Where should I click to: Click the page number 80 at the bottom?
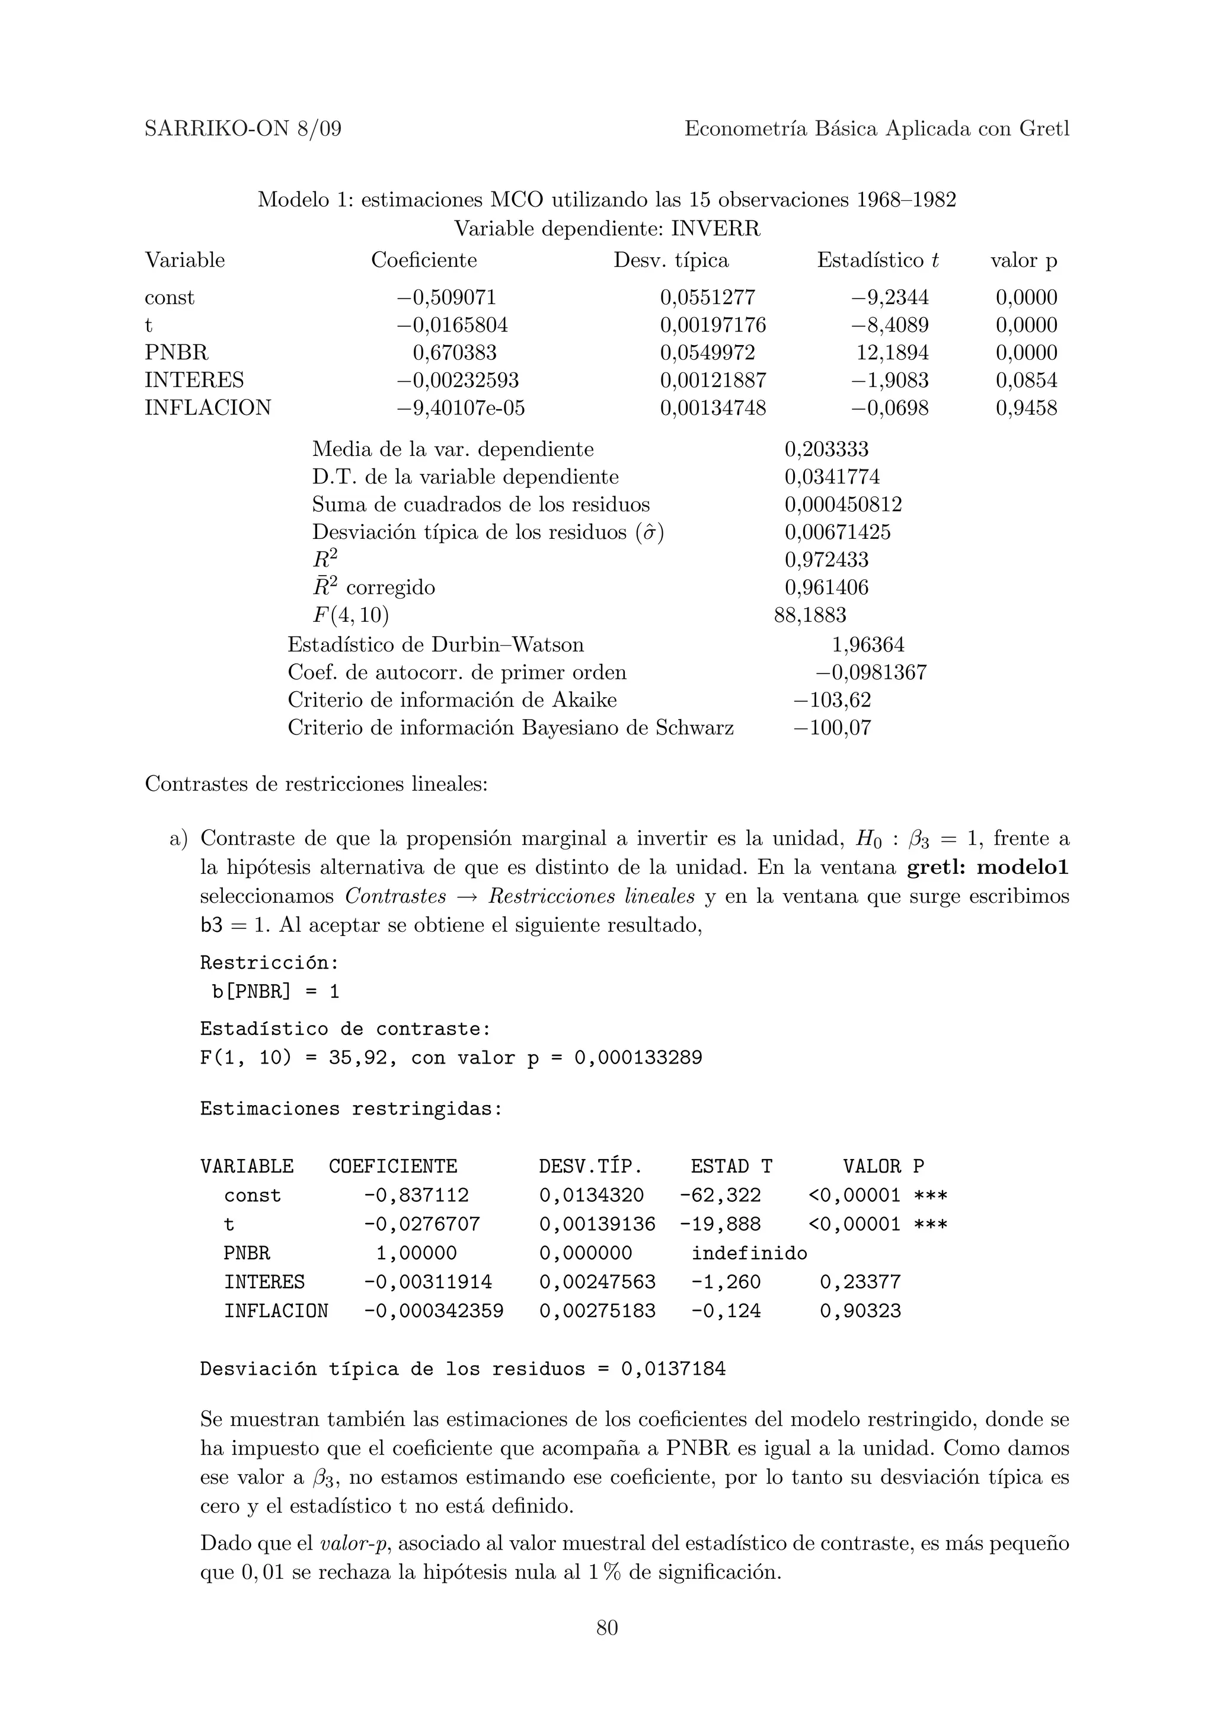pyautogui.click(x=606, y=1627)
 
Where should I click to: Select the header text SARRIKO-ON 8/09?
pyautogui.click(x=243, y=129)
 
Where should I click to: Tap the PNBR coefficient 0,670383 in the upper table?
pyautogui.click(x=454, y=352)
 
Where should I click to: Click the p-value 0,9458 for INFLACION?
pyautogui.click(x=1025, y=408)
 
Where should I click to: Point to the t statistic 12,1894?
pyautogui.click(x=892, y=352)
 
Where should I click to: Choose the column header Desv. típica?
pyautogui.click(x=671, y=260)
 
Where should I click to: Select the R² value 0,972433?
pyautogui.click(x=826, y=560)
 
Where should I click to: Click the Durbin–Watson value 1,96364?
pyautogui.click(x=868, y=644)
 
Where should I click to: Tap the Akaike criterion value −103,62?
pyautogui.click(x=832, y=700)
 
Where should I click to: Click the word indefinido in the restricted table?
pyautogui.click(x=749, y=1253)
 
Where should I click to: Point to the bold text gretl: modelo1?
pyautogui.click(x=988, y=867)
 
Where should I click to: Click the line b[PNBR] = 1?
pyautogui.click(x=275, y=991)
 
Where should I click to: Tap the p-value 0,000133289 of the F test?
pyautogui.click(x=638, y=1057)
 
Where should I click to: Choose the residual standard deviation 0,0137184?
pyautogui.click(x=673, y=1369)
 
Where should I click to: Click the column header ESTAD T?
pyautogui.click(x=731, y=1165)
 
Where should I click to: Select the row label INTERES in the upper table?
pyautogui.click(x=194, y=380)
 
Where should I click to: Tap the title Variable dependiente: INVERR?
pyautogui.click(x=606, y=228)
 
